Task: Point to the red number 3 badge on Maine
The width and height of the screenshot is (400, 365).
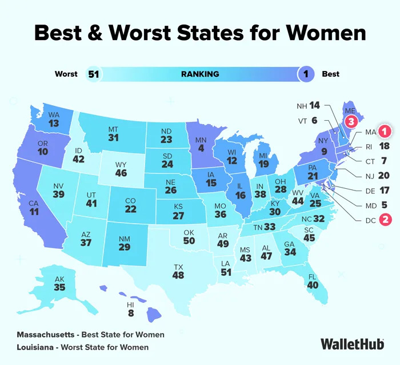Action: pyautogui.click(x=351, y=121)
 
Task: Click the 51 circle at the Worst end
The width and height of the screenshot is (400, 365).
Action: pyautogui.click(x=93, y=74)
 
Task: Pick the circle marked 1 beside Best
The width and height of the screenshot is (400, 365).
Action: pyautogui.click(x=307, y=74)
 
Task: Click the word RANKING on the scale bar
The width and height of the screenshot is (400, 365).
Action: pyautogui.click(x=200, y=74)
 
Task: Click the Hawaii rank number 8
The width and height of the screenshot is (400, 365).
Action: pyautogui.click(x=131, y=313)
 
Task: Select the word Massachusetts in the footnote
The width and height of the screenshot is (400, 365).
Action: pyautogui.click(x=48, y=335)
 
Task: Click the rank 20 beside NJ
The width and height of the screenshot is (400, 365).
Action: pyautogui.click(x=383, y=176)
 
